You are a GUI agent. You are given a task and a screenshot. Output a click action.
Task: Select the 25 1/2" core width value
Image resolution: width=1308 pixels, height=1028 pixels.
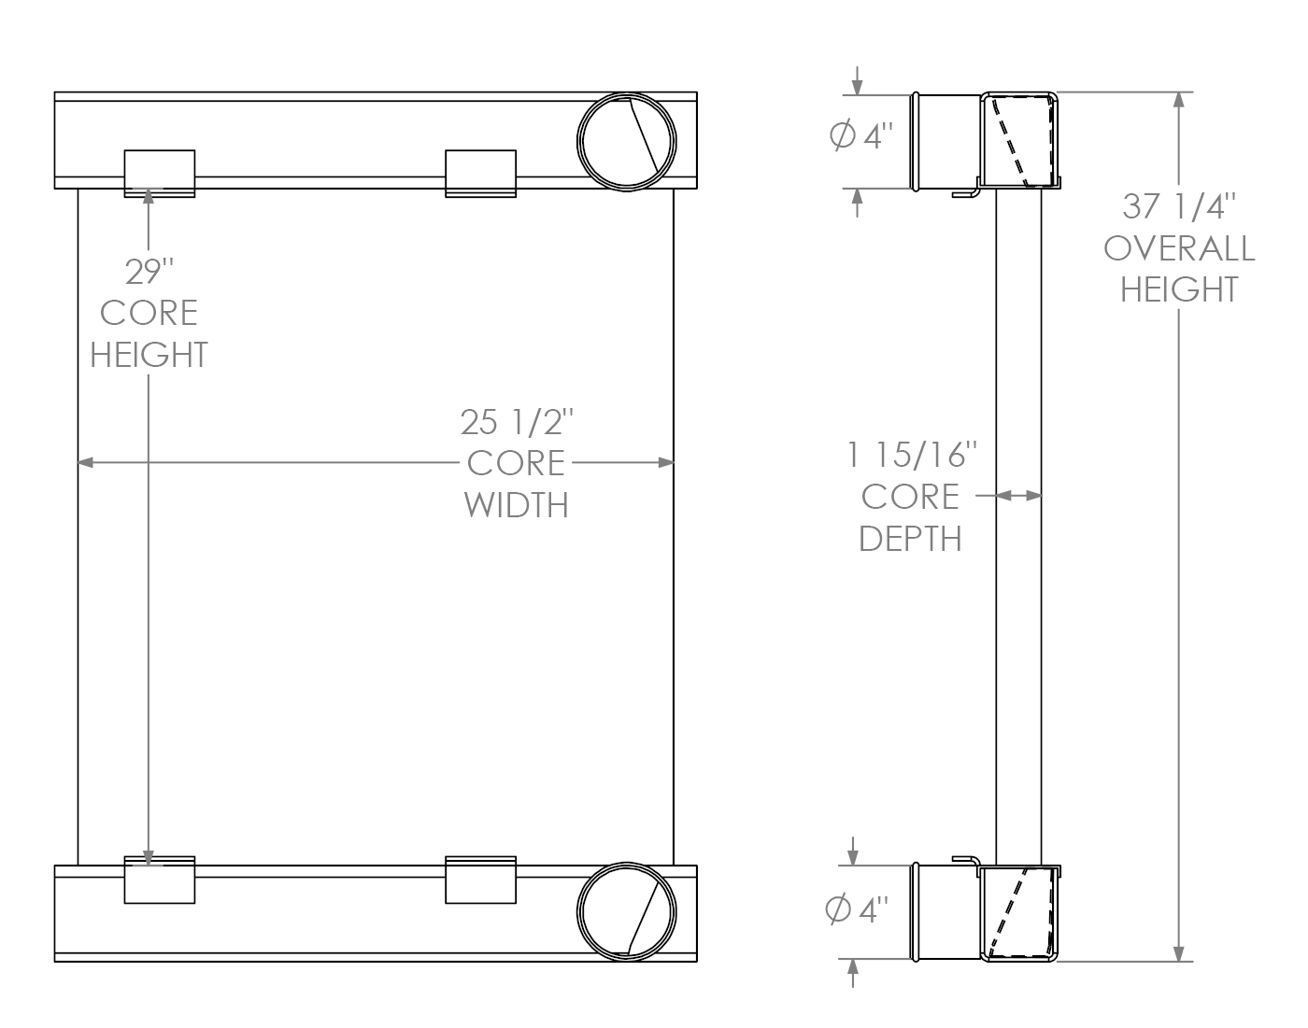click(515, 422)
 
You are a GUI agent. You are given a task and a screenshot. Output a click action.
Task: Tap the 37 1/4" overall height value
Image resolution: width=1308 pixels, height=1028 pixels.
click(1179, 204)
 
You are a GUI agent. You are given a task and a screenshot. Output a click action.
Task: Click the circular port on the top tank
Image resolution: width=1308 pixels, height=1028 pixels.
click(626, 142)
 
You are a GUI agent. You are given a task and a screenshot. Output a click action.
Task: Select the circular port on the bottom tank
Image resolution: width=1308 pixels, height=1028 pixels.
click(626, 910)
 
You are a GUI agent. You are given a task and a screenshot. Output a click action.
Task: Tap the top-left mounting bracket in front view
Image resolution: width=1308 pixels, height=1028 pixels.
click(160, 174)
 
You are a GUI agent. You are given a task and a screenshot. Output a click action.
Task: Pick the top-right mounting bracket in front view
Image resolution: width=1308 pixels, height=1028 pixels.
click(480, 174)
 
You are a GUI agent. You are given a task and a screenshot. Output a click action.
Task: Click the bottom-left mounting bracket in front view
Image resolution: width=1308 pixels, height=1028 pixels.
click(160, 880)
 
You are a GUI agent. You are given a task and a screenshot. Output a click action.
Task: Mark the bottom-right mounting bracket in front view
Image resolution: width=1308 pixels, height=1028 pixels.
click(480, 880)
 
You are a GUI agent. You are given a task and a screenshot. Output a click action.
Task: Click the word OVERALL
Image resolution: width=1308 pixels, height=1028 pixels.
click(1179, 248)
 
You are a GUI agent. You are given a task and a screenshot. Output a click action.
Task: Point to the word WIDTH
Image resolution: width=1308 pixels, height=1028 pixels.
click(516, 505)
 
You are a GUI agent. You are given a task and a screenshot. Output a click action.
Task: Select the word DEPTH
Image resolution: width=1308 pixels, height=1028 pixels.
click(910, 539)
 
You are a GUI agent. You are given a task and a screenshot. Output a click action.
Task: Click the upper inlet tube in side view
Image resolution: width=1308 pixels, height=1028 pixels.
click(945, 142)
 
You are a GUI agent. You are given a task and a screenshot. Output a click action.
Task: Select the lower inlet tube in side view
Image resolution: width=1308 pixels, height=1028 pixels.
click(945, 911)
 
